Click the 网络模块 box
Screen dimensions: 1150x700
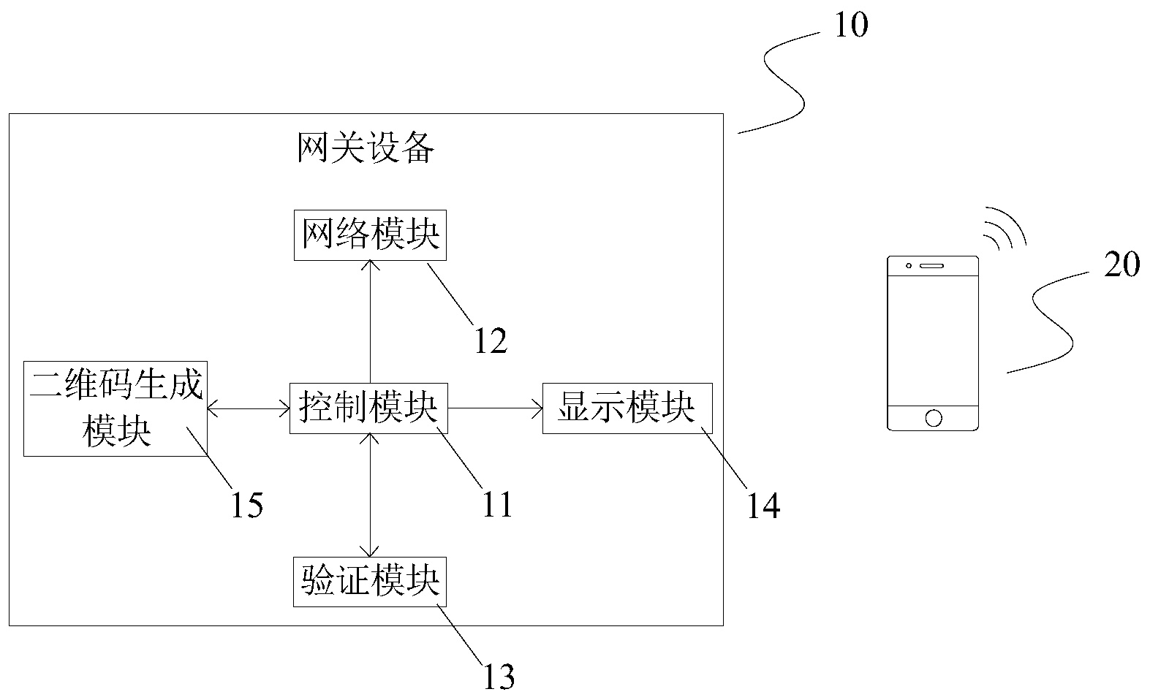pyautogui.click(x=370, y=235)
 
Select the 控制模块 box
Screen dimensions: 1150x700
pyautogui.click(x=368, y=408)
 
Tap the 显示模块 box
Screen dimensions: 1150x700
pyautogui.click(x=627, y=408)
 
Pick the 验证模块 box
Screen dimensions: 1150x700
pyautogui.click(x=370, y=582)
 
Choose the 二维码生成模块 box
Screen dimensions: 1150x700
pyautogui.click(x=116, y=408)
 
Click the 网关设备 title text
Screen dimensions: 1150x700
pyautogui.click(x=366, y=148)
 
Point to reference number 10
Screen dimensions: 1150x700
pyautogui.click(x=851, y=25)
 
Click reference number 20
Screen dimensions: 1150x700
pyautogui.click(x=1121, y=265)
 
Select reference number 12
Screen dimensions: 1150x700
pyautogui.click(x=491, y=341)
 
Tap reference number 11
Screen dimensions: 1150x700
pyautogui.click(x=497, y=504)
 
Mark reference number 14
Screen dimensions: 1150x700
pyautogui.click(x=763, y=506)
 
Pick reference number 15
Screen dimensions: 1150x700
pyautogui.click(x=247, y=505)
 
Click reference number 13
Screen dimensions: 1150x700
pyautogui.click(x=499, y=677)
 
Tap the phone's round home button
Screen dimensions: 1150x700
pyautogui.click(x=934, y=418)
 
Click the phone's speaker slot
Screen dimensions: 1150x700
pyautogui.click(x=931, y=266)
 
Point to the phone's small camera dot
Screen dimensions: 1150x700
pyautogui.click(x=909, y=266)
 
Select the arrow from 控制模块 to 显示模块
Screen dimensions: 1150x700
pyautogui.click(x=496, y=408)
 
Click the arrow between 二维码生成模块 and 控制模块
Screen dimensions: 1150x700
pyautogui.click(x=249, y=409)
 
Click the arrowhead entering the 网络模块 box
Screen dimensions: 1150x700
pyautogui.click(x=370, y=266)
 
